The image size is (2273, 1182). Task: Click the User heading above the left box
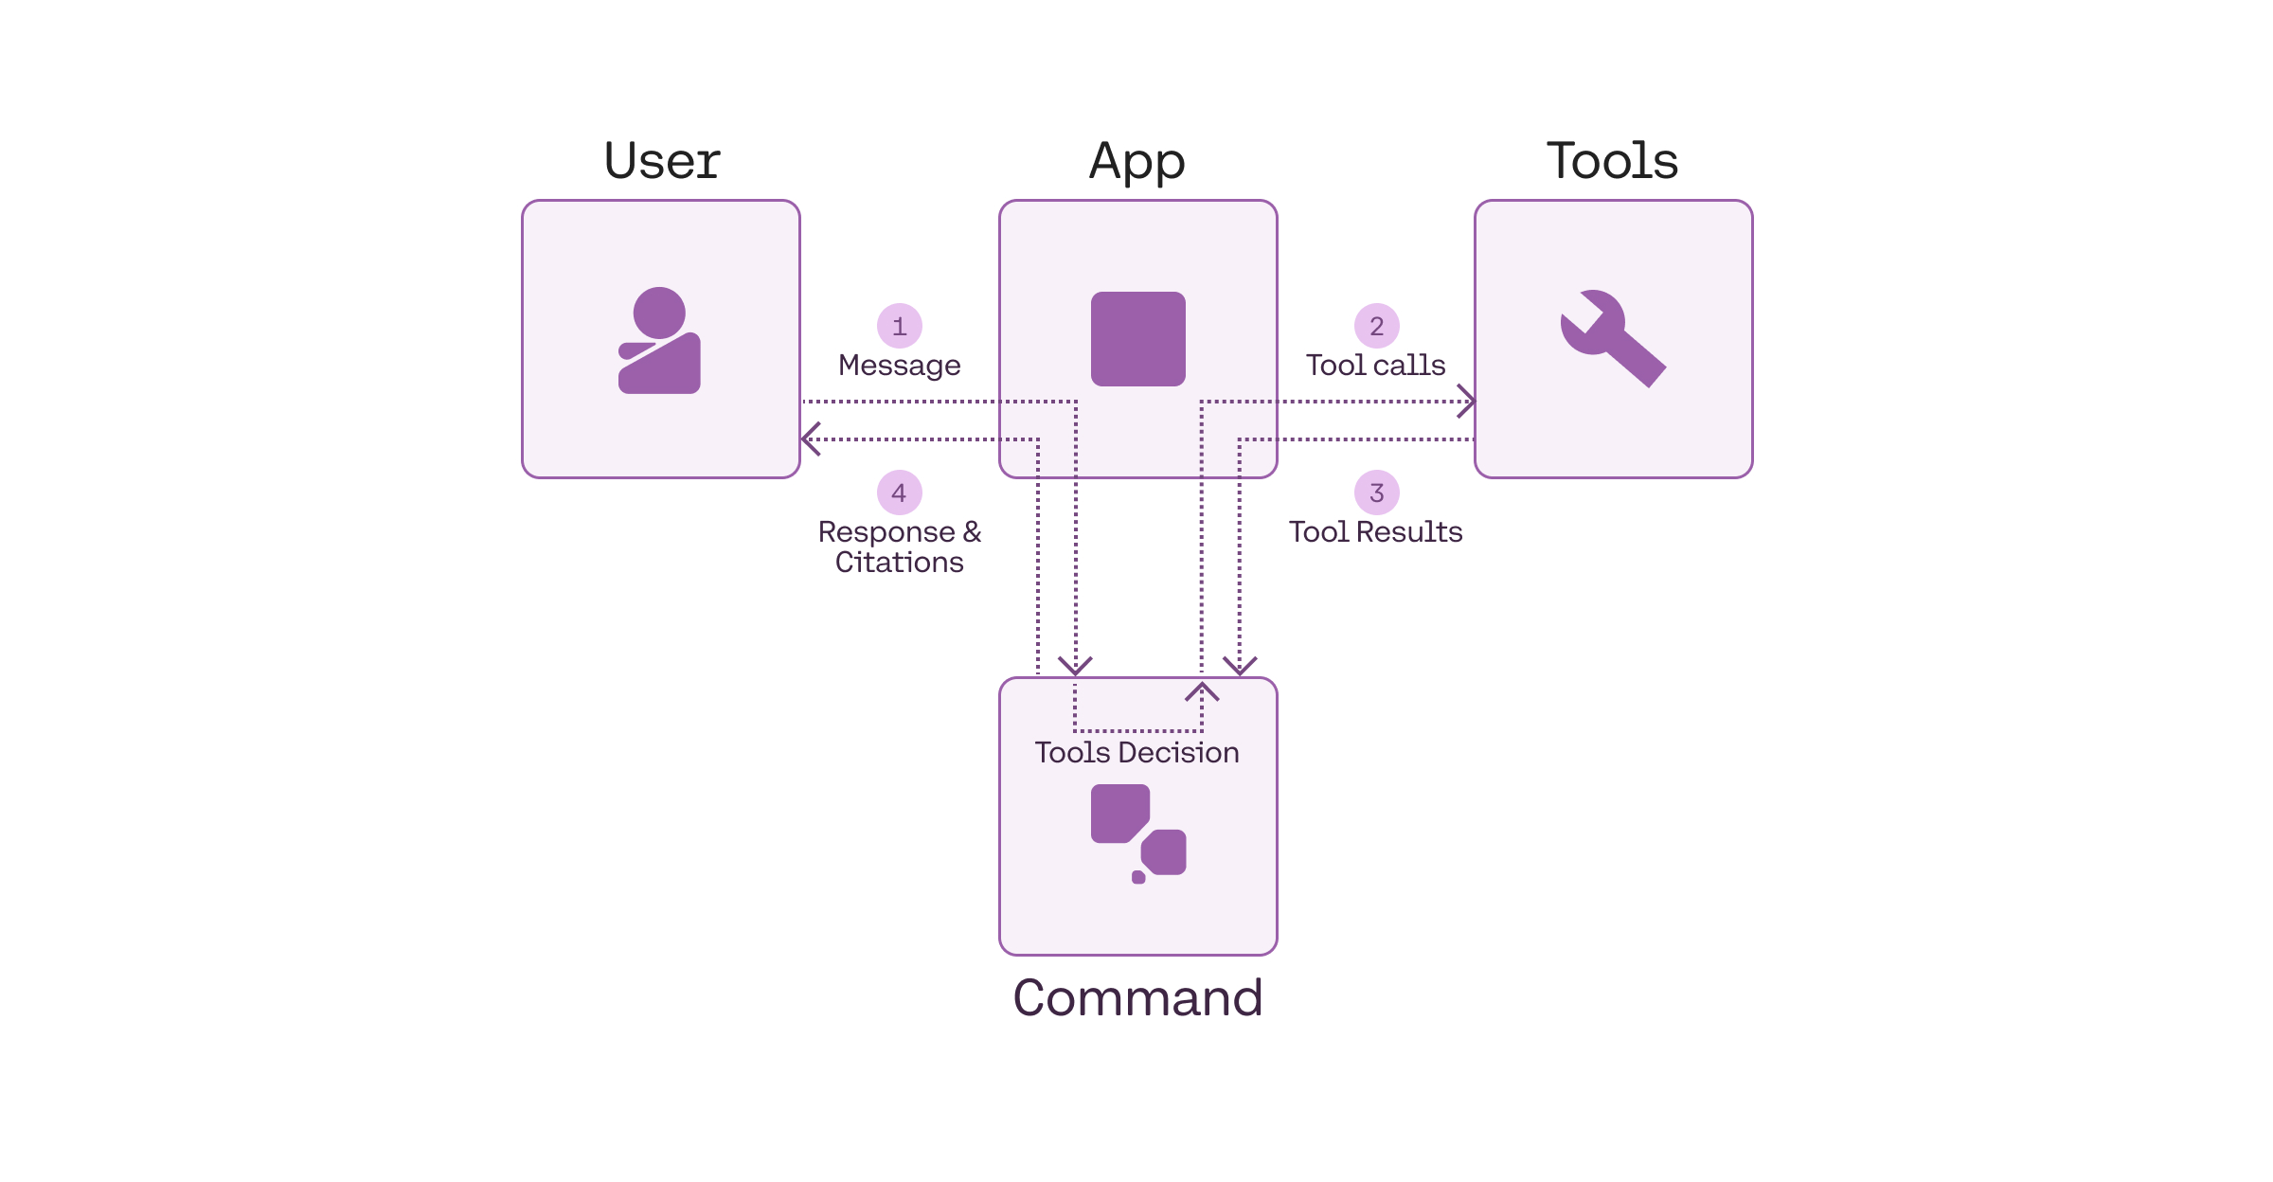(x=662, y=160)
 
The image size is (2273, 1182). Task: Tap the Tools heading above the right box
(x=1612, y=160)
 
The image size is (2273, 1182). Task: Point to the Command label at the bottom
(x=1137, y=997)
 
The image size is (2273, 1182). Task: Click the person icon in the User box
(x=660, y=341)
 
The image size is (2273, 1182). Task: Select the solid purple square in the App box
(x=1137, y=339)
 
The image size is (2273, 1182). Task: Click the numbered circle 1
(x=899, y=326)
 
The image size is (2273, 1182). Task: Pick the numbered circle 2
(x=1376, y=326)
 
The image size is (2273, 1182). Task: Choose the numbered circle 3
(x=1376, y=492)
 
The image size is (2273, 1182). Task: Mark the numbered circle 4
(x=899, y=492)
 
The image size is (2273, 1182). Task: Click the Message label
(x=899, y=366)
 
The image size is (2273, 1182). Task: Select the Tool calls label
(x=1375, y=366)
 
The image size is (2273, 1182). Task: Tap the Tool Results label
(x=1375, y=532)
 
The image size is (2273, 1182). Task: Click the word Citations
(x=899, y=563)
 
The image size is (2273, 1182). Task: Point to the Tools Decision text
(x=1136, y=752)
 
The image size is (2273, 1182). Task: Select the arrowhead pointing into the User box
(x=809, y=439)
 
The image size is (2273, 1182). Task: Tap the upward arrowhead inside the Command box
(x=1202, y=689)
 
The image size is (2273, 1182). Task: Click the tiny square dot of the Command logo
(x=1138, y=878)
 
